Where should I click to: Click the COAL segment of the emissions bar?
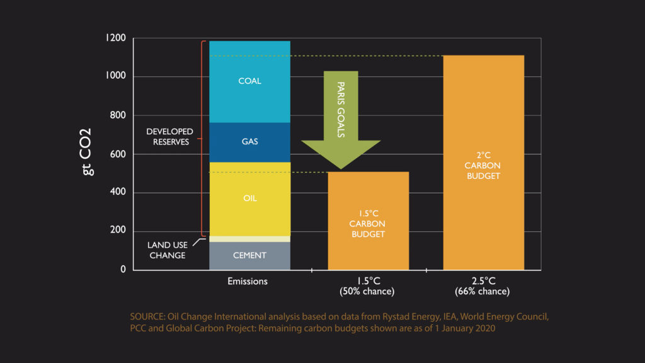(249, 81)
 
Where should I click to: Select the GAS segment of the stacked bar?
(249, 142)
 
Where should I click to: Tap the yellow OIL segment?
(249, 199)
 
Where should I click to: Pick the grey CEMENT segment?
(249, 255)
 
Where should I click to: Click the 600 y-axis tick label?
(116, 154)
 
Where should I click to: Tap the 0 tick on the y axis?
(123, 270)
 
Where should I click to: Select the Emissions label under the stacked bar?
(248, 281)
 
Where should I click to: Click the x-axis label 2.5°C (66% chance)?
(482, 286)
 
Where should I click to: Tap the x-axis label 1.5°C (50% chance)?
(367, 286)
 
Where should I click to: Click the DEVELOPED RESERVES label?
(169, 137)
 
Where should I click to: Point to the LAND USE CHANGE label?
(167, 250)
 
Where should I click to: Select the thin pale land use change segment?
(249, 239)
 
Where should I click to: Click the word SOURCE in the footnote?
(147, 316)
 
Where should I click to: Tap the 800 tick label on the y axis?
(116, 115)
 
